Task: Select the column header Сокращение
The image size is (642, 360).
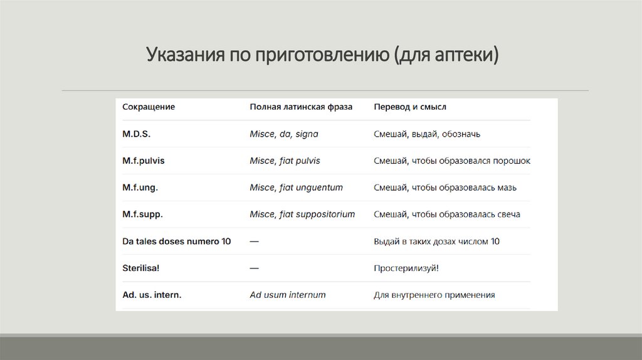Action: click(x=149, y=107)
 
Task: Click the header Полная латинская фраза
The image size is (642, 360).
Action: click(x=301, y=107)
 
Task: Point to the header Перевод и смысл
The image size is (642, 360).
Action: click(x=410, y=107)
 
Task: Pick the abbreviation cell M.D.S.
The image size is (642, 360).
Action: click(x=137, y=134)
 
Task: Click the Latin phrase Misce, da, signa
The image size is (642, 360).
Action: click(x=285, y=134)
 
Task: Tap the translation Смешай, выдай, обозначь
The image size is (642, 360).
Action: click(x=427, y=134)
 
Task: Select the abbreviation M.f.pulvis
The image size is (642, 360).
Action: click(x=144, y=161)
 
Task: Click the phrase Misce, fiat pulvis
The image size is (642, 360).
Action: click(x=285, y=161)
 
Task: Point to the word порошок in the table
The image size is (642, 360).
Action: click(x=512, y=161)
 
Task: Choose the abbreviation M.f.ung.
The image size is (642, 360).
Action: click(x=140, y=188)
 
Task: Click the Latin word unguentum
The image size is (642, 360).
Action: click(x=320, y=188)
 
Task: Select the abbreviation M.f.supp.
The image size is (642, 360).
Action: click(x=142, y=214)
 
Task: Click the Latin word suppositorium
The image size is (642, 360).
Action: click(x=326, y=214)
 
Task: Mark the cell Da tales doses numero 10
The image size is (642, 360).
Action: click(x=176, y=241)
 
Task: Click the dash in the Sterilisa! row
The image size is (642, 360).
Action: click(x=255, y=268)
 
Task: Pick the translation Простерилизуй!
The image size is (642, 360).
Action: click(x=406, y=268)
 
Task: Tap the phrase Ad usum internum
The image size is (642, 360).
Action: click(x=288, y=295)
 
